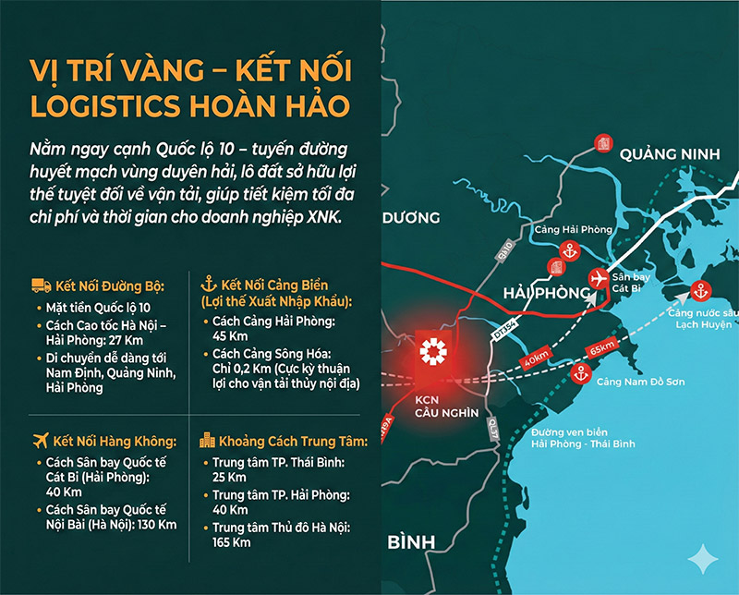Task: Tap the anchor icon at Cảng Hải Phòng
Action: click(570, 249)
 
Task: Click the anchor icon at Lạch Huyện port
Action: click(699, 291)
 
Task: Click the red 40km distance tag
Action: click(537, 358)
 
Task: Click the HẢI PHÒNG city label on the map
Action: click(546, 293)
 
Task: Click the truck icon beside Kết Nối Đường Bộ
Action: click(39, 285)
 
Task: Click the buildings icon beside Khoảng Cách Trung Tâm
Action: click(208, 442)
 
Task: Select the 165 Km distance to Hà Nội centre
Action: click(231, 542)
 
